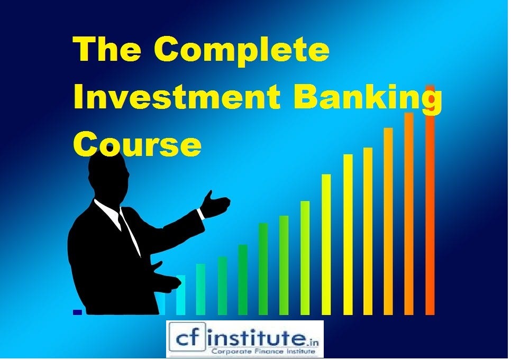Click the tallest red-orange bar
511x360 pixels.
pyautogui.click(x=430, y=201)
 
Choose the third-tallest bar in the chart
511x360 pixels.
pyautogui.click(x=388, y=222)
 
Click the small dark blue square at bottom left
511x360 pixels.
pyautogui.click(x=77, y=312)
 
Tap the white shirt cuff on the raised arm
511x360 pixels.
pyautogui.click(x=201, y=214)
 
